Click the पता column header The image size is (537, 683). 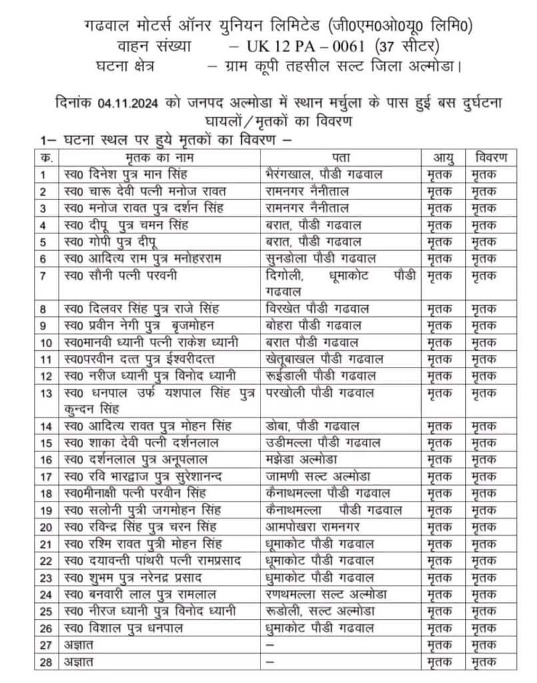[x=342, y=158]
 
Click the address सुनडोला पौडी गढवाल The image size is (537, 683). [x=319, y=258]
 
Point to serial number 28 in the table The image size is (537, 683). [x=47, y=662]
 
